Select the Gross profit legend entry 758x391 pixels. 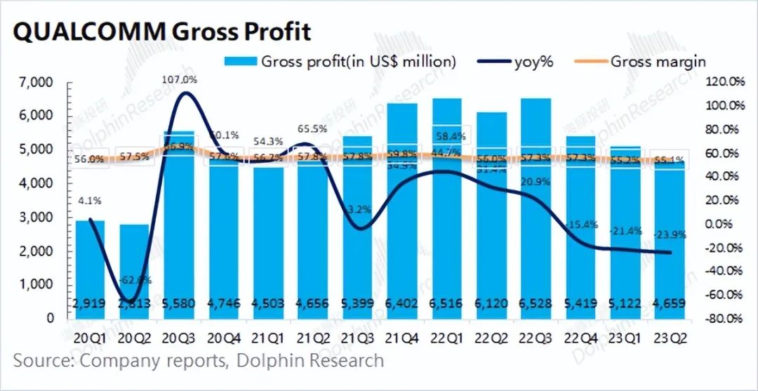click(x=340, y=62)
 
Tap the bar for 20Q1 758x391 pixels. click(x=91, y=267)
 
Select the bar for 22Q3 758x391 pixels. click(x=535, y=211)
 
